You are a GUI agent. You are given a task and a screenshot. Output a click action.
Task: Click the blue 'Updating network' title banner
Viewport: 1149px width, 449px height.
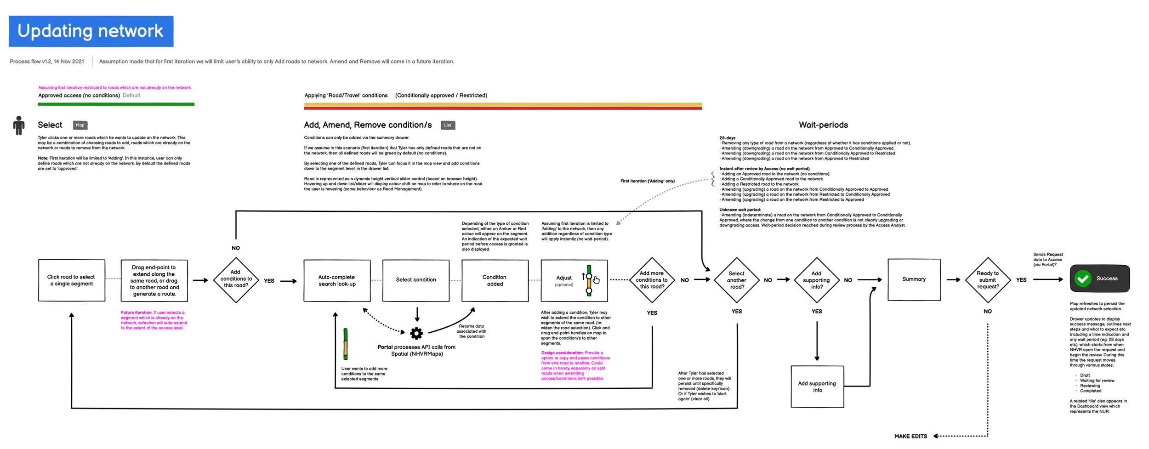tap(91, 31)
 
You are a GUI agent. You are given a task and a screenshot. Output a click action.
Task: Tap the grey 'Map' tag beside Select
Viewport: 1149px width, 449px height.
tap(80, 125)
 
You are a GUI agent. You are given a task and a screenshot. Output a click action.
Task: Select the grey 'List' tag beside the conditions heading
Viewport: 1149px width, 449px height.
tap(448, 125)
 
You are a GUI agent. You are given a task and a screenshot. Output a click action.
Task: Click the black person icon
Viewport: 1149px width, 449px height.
tap(19, 125)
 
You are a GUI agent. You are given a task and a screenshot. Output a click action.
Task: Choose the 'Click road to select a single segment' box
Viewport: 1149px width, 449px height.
tap(71, 280)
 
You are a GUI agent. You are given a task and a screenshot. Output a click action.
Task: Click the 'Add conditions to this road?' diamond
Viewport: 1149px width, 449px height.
tap(236, 279)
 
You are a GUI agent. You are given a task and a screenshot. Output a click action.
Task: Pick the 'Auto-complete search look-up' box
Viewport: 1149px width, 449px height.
tap(337, 280)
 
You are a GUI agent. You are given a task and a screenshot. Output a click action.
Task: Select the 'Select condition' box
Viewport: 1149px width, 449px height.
tap(416, 280)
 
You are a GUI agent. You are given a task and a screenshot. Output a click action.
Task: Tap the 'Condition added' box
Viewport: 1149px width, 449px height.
tap(495, 280)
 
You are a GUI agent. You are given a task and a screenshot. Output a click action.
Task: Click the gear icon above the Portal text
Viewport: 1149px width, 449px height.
tap(416, 333)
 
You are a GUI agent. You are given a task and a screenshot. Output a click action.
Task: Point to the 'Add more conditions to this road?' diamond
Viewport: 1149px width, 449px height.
tap(652, 280)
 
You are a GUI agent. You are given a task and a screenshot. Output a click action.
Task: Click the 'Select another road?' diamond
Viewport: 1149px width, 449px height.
tap(736, 280)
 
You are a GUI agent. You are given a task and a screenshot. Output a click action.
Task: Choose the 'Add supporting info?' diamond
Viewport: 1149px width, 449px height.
tap(816, 280)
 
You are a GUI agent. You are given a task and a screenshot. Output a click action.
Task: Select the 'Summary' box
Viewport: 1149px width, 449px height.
tap(914, 279)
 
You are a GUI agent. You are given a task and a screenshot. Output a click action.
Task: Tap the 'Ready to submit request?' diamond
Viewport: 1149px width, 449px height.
tap(987, 280)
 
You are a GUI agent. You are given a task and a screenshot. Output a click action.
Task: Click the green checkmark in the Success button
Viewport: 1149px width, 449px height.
tap(1083, 278)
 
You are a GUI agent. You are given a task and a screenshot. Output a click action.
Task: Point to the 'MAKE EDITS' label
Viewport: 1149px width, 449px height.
tap(910, 436)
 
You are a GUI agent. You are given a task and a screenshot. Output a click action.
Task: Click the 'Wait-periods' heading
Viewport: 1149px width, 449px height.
tap(823, 125)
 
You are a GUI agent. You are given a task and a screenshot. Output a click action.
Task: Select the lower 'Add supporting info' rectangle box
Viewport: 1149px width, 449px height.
tap(817, 386)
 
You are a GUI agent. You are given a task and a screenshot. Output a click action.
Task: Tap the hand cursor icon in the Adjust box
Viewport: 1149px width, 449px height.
tap(596, 280)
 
